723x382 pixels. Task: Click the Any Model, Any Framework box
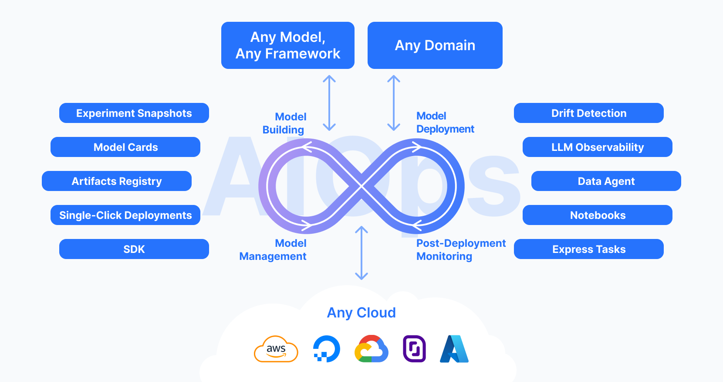(287, 45)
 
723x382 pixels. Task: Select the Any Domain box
(435, 45)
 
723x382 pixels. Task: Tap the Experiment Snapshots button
(134, 113)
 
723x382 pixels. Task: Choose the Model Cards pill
(125, 147)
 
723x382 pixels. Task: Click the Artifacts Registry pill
(116, 181)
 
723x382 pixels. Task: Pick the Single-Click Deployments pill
(125, 215)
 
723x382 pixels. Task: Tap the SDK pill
(134, 249)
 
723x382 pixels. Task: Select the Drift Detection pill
(588, 113)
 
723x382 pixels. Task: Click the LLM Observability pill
(597, 147)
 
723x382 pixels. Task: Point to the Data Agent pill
(606, 181)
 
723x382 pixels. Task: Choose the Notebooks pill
(597, 215)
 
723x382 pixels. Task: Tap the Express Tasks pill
(588, 249)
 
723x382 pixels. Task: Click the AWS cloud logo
(276, 349)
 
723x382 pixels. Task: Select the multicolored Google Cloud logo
(371, 349)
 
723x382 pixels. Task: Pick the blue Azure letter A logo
(454, 349)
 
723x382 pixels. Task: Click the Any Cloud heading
(361, 313)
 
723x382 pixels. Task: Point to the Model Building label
(284, 123)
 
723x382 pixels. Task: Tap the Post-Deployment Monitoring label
(460, 249)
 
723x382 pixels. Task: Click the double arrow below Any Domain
(394, 103)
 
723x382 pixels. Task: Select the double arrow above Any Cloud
(361, 253)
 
